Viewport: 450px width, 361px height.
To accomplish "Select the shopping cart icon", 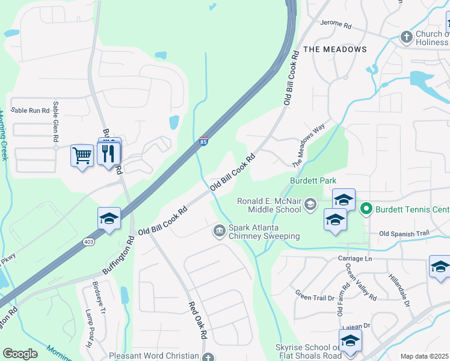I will pos(81,155).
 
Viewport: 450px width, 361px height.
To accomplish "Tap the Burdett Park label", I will pos(313,180).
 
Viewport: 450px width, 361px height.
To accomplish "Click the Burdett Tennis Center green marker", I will pos(366,209).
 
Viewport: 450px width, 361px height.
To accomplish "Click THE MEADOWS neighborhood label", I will pos(335,49).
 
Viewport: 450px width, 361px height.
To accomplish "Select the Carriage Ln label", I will pos(360,258).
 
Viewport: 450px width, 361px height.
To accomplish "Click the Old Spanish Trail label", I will pos(404,233).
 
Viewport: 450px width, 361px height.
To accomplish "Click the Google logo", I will pos(20,354).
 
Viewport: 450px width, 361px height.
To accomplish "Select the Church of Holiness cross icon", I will pos(406,37).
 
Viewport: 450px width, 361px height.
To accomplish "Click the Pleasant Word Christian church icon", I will pos(208,357).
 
